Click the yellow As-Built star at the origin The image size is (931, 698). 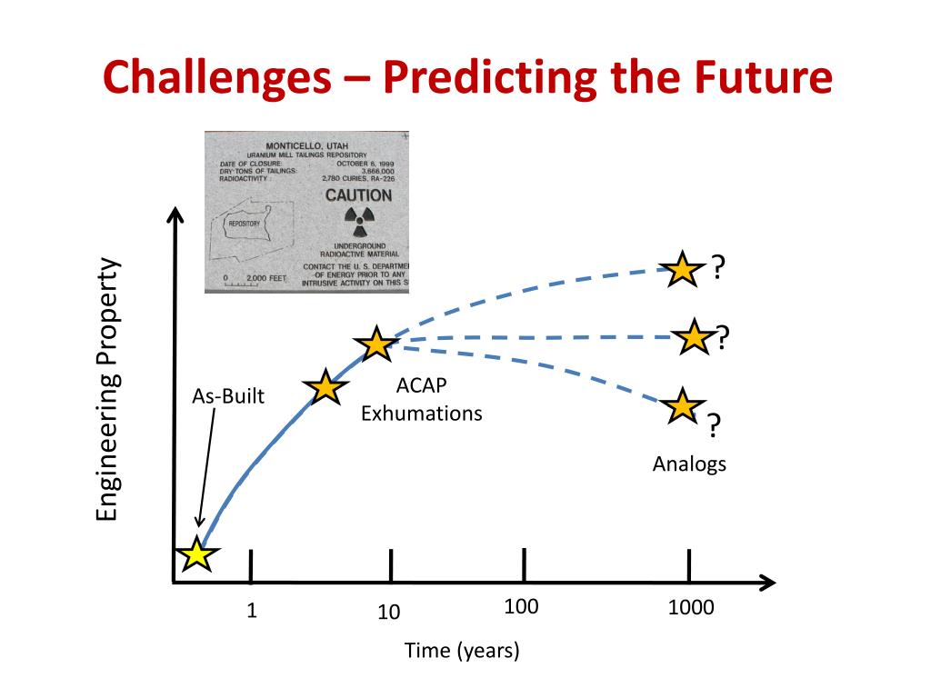pos(196,553)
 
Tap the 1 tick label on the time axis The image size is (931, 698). pos(252,611)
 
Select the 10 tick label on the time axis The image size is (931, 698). pos(389,613)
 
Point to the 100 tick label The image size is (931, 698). pos(522,607)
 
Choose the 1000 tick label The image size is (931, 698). pos(691,608)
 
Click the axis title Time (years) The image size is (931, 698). pos(462,651)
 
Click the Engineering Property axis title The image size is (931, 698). pos(108,391)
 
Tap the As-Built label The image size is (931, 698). pos(228,396)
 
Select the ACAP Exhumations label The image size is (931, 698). pos(421,401)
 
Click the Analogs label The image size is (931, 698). pos(689,464)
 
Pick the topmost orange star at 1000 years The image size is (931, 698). pos(681,269)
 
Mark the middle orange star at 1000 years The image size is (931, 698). pos(695,338)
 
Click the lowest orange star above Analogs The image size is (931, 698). pos(681,405)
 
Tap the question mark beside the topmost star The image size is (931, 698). pos(718,267)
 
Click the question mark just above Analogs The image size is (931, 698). pos(715,424)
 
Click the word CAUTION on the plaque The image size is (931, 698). pos(358,195)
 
